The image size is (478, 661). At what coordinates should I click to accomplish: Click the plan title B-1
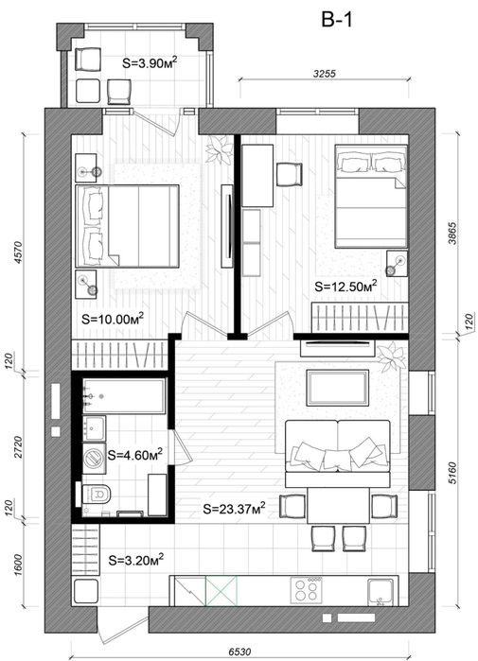(336, 19)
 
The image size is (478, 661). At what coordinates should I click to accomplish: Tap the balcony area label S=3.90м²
(150, 62)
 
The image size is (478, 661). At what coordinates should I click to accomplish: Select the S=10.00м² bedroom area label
(113, 319)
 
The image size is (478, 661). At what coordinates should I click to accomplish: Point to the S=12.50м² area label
(345, 287)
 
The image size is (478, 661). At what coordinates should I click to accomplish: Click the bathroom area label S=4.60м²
(135, 455)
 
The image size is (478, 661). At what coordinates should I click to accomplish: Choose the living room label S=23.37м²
(234, 508)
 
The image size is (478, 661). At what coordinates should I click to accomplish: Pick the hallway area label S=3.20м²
(136, 560)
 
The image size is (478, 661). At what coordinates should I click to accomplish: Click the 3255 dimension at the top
(325, 74)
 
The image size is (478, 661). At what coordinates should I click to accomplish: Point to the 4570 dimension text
(18, 252)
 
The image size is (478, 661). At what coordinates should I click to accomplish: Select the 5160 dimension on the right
(451, 473)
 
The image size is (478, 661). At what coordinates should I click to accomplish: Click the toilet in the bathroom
(96, 494)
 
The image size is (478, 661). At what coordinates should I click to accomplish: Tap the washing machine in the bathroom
(94, 457)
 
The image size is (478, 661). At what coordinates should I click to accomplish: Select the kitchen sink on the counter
(381, 592)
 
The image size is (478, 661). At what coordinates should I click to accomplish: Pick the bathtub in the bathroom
(124, 396)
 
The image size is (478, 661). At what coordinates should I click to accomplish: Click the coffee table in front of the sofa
(338, 388)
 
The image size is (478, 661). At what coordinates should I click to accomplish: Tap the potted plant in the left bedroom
(220, 149)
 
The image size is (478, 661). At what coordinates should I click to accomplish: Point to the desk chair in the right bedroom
(290, 175)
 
